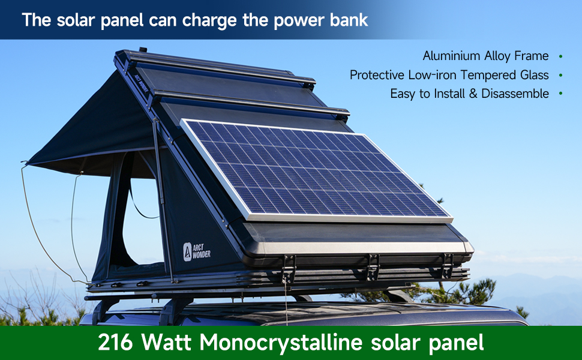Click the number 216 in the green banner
(115, 342)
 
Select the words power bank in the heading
(320, 20)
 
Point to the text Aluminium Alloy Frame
(485, 56)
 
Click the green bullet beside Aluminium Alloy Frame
(560, 56)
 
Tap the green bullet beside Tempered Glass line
(560, 75)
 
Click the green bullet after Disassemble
(560, 94)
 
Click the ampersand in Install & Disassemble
(473, 94)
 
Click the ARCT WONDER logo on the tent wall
(197, 251)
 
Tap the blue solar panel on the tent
(316, 171)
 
